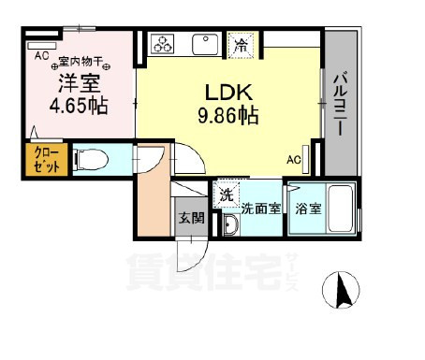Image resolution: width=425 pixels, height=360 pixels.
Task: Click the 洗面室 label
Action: [261, 209]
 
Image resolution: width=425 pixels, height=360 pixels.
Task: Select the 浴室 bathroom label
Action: [309, 209]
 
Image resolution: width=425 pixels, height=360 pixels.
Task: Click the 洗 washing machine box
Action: [226, 195]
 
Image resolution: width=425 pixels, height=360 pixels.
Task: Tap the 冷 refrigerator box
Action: [241, 43]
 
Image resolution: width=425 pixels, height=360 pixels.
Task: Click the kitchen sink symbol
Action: [204, 43]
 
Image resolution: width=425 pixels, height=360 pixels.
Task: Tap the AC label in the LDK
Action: [293, 159]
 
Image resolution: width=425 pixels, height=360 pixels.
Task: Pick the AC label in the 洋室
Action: [41, 55]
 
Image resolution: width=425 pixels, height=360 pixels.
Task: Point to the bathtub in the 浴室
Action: [340, 212]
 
